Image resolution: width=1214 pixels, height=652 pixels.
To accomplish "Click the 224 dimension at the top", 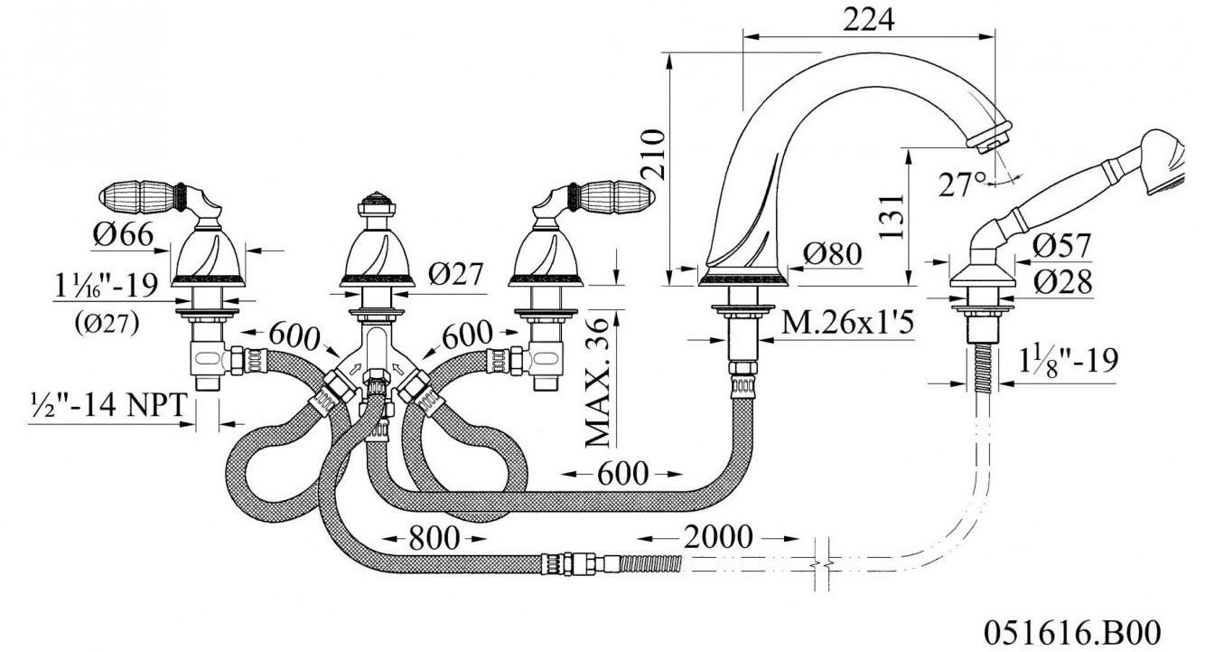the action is coord(868,20).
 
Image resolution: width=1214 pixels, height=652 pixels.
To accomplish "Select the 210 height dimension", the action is coord(652,154).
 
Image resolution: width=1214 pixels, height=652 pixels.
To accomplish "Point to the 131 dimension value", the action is coord(892,216).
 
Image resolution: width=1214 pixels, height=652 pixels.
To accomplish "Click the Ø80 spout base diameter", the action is coord(833,253).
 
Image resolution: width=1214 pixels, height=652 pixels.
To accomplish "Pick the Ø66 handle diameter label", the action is coord(124,234).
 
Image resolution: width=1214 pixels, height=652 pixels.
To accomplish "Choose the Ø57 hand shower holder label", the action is coord(1060,246).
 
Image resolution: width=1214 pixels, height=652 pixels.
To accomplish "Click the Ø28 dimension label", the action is coord(1062,282).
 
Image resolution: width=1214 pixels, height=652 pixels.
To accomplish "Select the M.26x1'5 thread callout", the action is coord(847,323).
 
